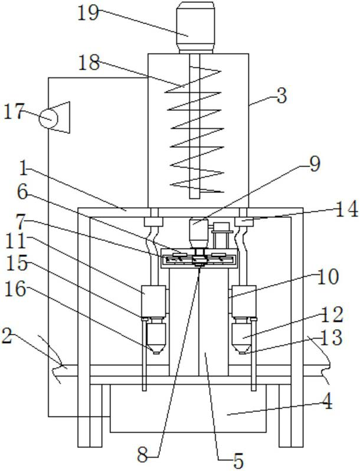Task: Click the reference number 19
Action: [x=88, y=14]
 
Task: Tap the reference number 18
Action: [x=89, y=63]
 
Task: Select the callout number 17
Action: [x=14, y=113]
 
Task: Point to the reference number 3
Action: [x=282, y=96]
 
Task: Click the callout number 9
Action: [x=315, y=164]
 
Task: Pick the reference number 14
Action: [x=346, y=209]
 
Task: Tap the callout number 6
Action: [x=23, y=192]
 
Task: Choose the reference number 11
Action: [x=16, y=241]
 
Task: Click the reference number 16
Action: [x=15, y=290]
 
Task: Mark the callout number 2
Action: [x=7, y=336]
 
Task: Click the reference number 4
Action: [x=328, y=402]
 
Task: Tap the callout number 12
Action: [x=332, y=315]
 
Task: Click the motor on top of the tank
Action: [x=195, y=28]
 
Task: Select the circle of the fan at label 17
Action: [x=48, y=118]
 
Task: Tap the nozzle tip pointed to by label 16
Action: [x=156, y=352]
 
